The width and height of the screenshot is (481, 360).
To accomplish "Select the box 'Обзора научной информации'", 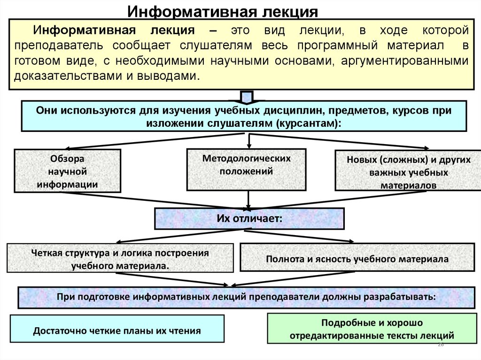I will tap(68, 171).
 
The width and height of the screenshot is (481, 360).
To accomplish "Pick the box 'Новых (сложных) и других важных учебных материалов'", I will tap(408, 170).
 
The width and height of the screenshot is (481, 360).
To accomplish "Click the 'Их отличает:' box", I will tap(249, 218).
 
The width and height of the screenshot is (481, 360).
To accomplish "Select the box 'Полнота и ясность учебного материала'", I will tap(357, 258).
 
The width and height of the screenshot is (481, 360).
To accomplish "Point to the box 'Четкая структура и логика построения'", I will tap(120, 258).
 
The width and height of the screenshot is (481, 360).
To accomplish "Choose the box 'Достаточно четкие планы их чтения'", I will tap(117, 329).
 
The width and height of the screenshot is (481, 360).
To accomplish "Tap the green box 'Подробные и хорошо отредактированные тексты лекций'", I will tap(372, 329).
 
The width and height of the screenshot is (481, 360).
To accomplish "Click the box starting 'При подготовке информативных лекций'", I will tap(247, 297).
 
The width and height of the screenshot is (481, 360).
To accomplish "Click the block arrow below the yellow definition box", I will tap(247, 97).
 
